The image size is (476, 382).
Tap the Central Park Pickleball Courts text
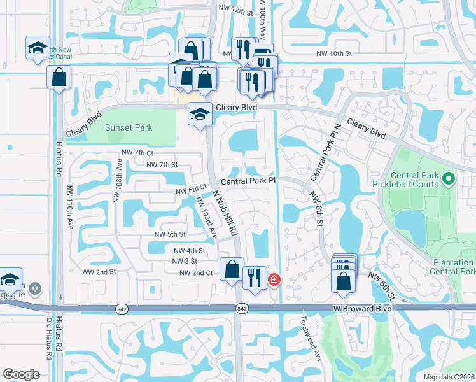click(x=415, y=180)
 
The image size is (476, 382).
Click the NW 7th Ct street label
click(x=137, y=153)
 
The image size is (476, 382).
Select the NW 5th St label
click(x=169, y=234)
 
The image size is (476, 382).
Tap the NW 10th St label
click(x=334, y=54)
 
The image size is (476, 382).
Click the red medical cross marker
click(x=274, y=279)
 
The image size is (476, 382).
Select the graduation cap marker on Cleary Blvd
click(x=200, y=115)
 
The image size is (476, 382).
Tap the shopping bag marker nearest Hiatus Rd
click(x=59, y=78)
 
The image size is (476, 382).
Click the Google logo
click(x=21, y=374)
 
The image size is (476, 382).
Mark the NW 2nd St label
click(x=99, y=271)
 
